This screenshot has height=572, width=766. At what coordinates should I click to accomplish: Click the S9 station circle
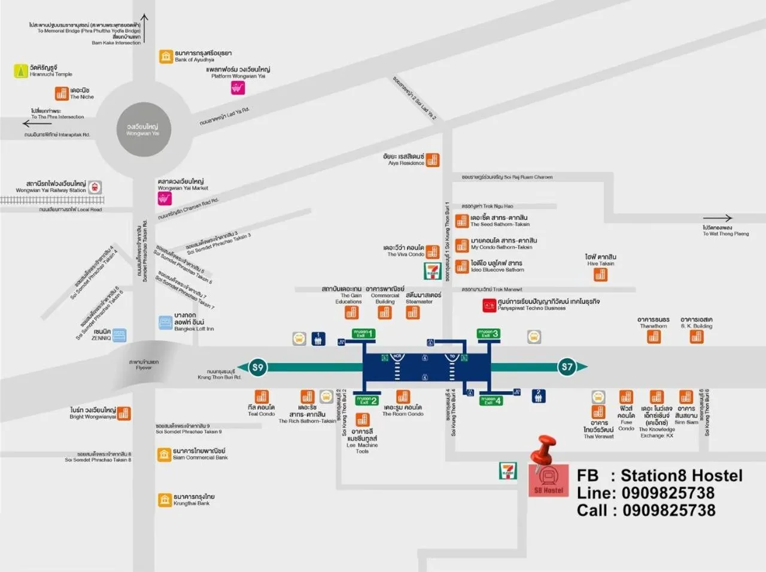coord(257,367)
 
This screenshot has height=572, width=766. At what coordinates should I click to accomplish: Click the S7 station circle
coord(567,367)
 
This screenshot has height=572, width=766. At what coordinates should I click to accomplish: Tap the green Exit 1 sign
coord(363,334)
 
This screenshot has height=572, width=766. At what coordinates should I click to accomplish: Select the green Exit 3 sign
coord(488,334)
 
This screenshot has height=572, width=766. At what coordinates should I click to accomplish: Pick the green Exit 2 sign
coord(366,401)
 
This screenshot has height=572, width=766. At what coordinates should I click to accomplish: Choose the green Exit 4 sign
coord(491,401)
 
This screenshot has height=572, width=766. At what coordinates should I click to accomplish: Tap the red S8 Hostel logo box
coord(549,480)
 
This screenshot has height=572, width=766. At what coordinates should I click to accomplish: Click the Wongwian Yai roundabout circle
coord(143,129)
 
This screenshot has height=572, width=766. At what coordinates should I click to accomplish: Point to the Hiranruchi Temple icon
coord(21,71)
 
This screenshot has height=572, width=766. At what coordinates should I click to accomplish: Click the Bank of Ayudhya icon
coord(166,56)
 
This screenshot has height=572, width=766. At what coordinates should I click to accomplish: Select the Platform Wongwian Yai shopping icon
coord(238,88)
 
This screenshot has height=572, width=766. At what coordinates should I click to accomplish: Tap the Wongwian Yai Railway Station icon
coord(95,187)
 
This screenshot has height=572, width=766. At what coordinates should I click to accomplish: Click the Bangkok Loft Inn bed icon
coord(166,323)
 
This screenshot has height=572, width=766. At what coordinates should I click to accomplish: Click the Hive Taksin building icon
coord(600,274)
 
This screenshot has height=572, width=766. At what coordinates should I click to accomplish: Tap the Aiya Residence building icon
coord(432,160)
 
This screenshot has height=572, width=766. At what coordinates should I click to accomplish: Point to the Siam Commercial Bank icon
coord(165,454)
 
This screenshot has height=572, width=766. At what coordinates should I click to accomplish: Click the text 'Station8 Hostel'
coord(681,476)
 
